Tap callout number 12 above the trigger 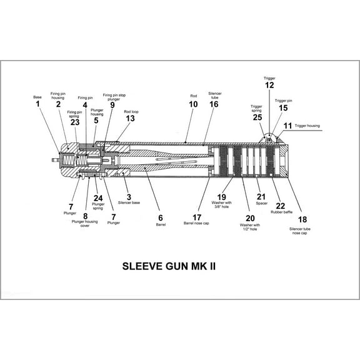pos(269,85)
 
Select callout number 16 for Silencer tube pos(214,104)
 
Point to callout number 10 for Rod pos(194,104)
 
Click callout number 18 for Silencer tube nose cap pos(303,219)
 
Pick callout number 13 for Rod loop pos(130,117)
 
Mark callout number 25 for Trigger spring pos(257,117)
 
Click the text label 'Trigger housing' pos(307,126)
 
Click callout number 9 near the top pos(112,105)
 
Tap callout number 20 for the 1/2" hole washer pos(251,217)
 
